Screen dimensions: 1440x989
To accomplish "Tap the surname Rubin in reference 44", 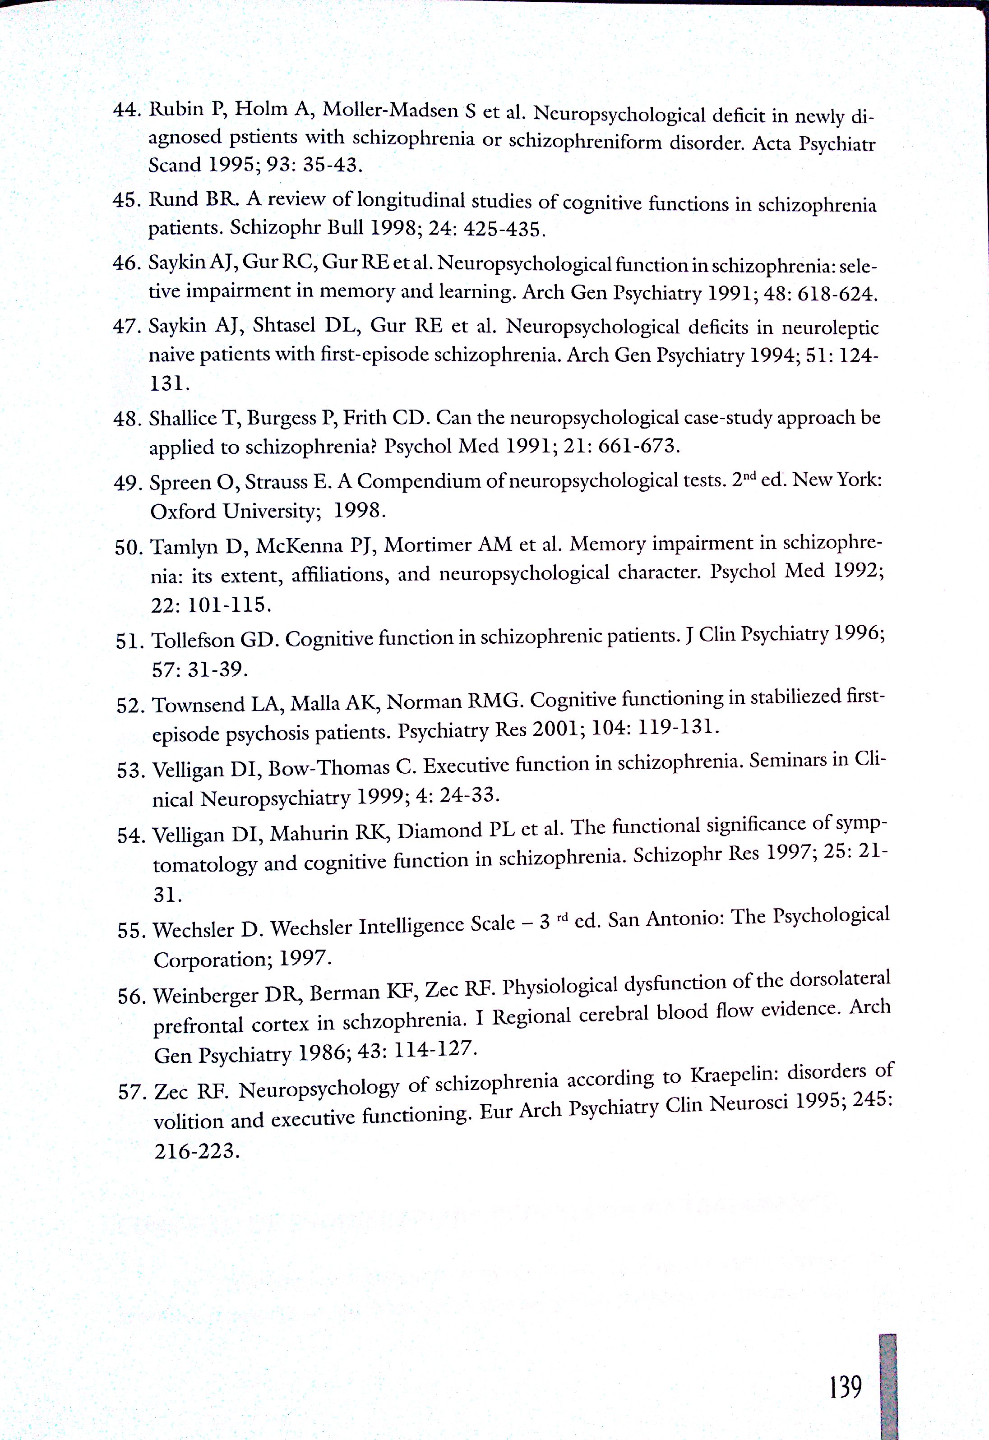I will click(176, 109).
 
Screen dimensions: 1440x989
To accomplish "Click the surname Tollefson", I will click(193, 640).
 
